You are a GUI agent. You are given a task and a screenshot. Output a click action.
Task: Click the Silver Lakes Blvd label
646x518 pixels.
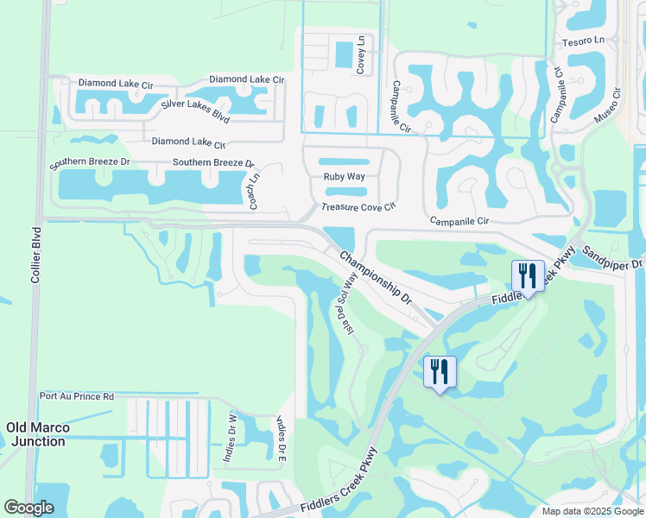pyautogui.click(x=195, y=111)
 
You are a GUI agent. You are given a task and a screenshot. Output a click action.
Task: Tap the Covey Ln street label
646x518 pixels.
pyautogui.click(x=361, y=54)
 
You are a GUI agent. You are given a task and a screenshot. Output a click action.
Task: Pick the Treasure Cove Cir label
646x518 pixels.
pyautogui.click(x=358, y=207)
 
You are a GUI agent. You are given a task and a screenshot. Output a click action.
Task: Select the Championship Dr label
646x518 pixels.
pyautogui.click(x=376, y=278)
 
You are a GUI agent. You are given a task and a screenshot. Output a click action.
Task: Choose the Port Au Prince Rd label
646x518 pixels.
pyautogui.click(x=77, y=397)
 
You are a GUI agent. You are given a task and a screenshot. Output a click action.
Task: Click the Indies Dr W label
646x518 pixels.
pyautogui.click(x=231, y=438)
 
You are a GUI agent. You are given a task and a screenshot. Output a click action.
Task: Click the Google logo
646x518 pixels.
pyautogui.click(x=28, y=508)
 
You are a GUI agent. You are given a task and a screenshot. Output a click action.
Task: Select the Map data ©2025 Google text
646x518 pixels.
pyautogui.click(x=592, y=511)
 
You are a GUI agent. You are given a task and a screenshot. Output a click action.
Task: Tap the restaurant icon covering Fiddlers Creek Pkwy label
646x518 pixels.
pyautogui.click(x=528, y=275)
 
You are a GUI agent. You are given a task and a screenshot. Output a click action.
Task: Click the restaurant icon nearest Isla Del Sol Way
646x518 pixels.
pyautogui.click(x=440, y=371)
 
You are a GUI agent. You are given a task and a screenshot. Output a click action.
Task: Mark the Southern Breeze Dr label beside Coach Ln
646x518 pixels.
pyautogui.click(x=213, y=162)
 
